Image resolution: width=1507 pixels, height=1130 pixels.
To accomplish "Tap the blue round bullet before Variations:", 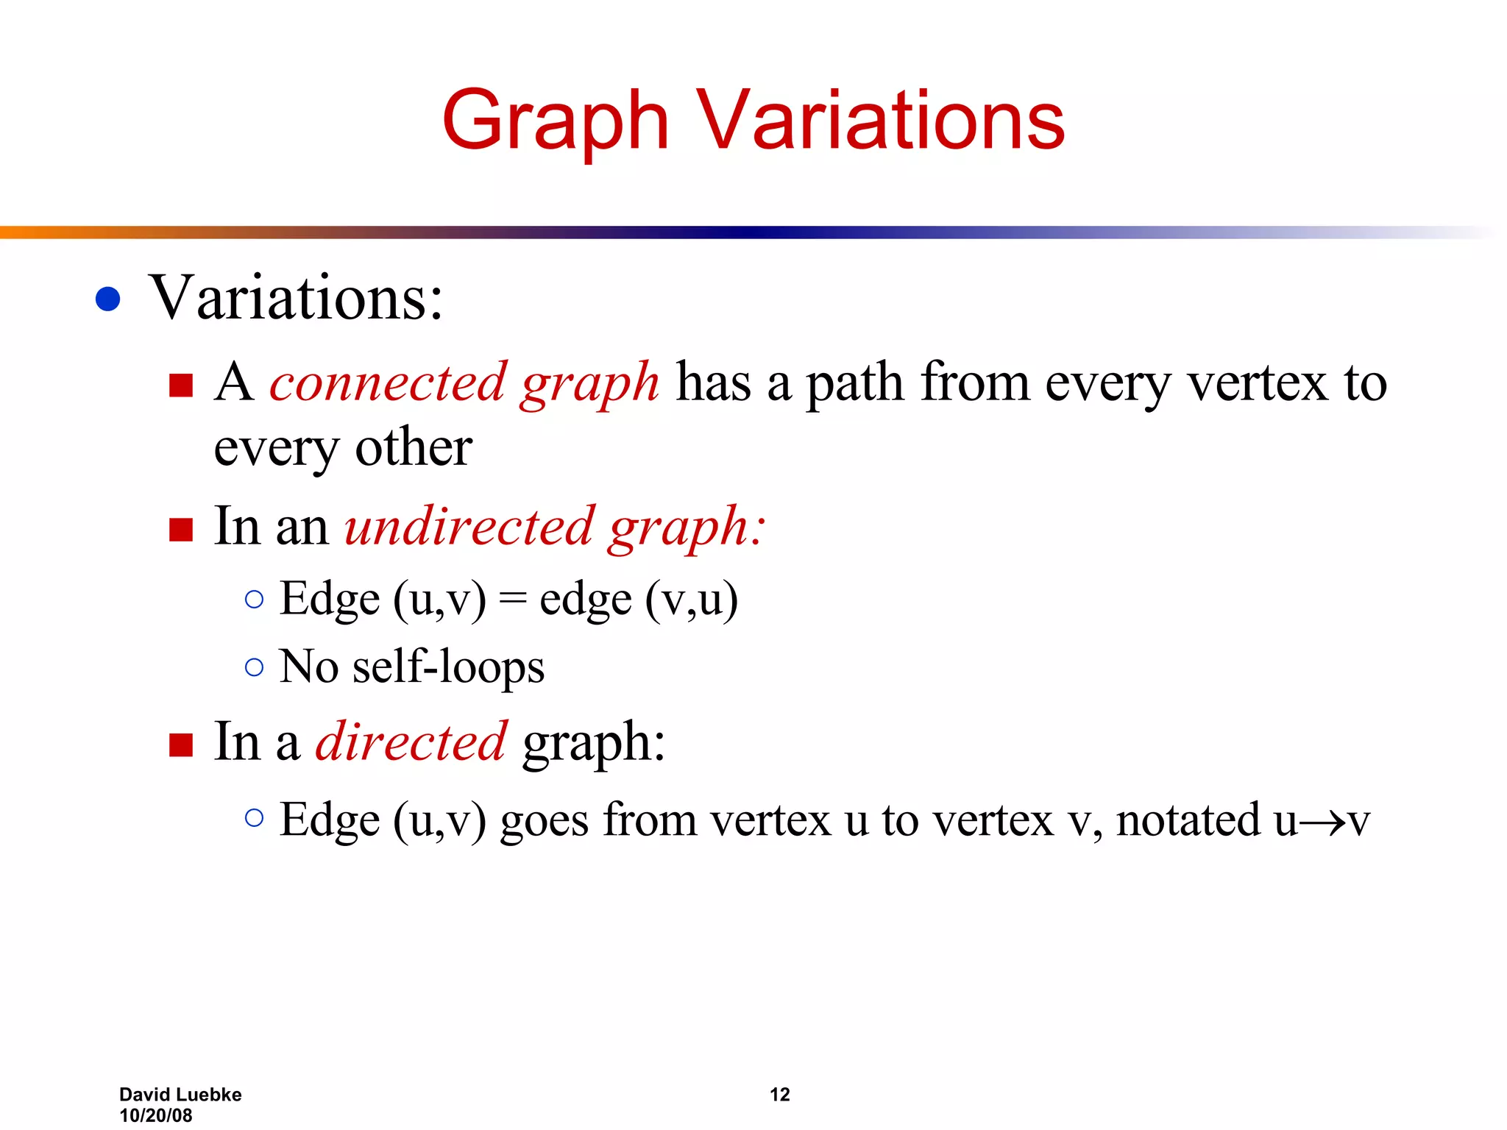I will click(x=108, y=299).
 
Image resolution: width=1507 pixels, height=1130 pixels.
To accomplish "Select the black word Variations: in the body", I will click(x=297, y=298).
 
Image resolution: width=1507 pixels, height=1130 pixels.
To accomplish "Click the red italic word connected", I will click(x=388, y=383).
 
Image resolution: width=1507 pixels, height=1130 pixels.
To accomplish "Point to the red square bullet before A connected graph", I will click(x=180, y=385).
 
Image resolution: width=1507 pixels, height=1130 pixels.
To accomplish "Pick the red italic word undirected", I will click(x=469, y=527).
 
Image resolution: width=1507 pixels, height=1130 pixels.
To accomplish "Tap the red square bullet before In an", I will click(x=180, y=529).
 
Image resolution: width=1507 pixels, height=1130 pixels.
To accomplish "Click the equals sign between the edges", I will click(x=513, y=600).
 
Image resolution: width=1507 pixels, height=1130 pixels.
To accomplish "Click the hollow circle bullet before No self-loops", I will click(x=254, y=667).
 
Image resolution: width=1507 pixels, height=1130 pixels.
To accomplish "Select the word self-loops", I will click(x=448, y=667).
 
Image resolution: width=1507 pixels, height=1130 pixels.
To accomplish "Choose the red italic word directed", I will click(x=411, y=742).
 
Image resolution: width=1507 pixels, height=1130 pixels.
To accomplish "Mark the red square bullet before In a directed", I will click(x=180, y=745).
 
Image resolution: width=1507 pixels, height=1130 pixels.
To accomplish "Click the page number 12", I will click(x=779, y=1095).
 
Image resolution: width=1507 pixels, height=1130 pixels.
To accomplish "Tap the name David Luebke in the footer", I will click(x=180, y=1095).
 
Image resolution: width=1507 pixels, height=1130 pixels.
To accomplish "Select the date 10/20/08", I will click(x=156, y=1115).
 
